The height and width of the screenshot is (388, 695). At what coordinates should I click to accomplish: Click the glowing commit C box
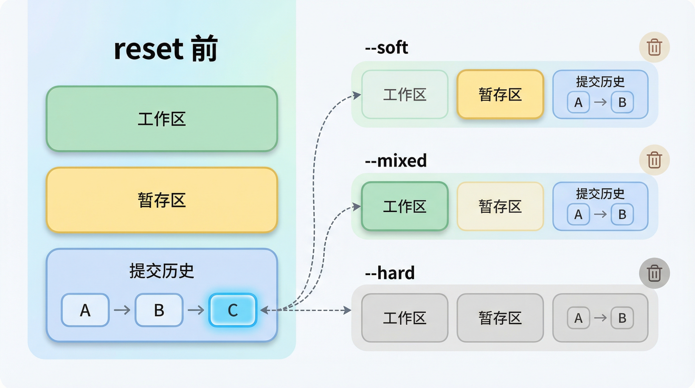pyautogui.click(x=233, y=310)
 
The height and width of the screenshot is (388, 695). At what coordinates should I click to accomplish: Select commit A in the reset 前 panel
pyautogui.click(x=85, y=310)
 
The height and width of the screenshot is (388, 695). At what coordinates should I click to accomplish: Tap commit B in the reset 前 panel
pyautogui.click(x=159, y=310)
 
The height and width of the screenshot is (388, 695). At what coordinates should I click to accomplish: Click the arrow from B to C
pyautogui.click(x=196, y=310)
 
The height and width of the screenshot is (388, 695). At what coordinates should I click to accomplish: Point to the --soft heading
pyautogui.click(x=386, y=48)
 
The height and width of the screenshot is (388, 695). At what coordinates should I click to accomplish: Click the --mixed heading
pyautogui.click(x=395, y=161)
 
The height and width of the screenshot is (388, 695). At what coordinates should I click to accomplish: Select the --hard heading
pyautogui.click(x=390, y=273)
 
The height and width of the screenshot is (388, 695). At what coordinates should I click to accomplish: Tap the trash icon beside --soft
pyautogui.click(x=654, y=47)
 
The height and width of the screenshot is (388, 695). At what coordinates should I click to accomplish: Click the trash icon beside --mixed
pyautogui.click(x=654, y=160)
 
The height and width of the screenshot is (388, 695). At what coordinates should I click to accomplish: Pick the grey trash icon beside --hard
pyautogui.click(x=654, y=273)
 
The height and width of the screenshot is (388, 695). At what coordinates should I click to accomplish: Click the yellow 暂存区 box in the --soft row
pyautogui.click(x=500, y=94)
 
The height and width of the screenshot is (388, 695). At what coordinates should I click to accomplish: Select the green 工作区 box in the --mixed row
pyautogui.click(x=405, y=206)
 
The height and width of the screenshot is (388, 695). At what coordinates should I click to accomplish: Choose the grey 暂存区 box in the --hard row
pyautogui.click(x=500, y=318)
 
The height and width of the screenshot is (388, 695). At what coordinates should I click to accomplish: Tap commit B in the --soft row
pyautogui.click(x=622, y=102)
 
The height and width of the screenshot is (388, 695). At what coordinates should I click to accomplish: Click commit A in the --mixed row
pyautogui.click(x=578, y=214)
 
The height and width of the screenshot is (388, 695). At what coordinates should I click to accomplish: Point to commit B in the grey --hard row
pyautogui.click(x=622, y=318)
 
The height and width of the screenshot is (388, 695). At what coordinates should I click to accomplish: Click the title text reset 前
pyautogui.click(x=166, y=49)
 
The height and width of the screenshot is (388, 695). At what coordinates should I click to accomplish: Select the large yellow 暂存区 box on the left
pyautogui.click(x=162, y=200)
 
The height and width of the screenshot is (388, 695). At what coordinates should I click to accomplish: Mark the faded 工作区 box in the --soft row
pyautogui.click(x=405, y=94)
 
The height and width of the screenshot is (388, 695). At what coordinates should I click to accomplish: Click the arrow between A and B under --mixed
pyautogui.click(x=600, y=214)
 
